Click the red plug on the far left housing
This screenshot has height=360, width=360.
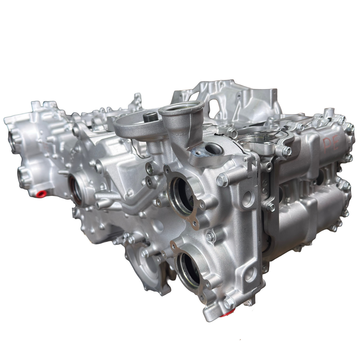tap(41, 194)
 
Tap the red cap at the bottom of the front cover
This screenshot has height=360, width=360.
tap(228, 312)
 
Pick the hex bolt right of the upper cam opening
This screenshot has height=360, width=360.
tap(222, 180)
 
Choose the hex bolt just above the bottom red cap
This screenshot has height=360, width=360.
tap(229, 303)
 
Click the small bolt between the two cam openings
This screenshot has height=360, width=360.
tap(210, 237)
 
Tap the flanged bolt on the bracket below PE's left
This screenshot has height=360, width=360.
tap(286, 151)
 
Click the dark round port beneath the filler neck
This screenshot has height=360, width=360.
tap(213, 149)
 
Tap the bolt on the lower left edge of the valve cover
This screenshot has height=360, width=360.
tap(270, 207)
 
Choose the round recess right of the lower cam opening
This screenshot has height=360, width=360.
tap(250, 274)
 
